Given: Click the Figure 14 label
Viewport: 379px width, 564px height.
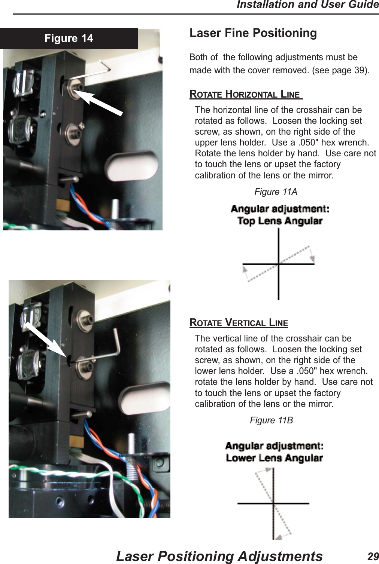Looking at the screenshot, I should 69,39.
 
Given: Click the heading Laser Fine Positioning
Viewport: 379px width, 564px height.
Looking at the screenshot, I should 253,33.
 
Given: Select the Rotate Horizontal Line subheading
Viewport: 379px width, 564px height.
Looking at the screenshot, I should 246,94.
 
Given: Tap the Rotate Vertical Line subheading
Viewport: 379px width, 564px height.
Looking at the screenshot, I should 239,322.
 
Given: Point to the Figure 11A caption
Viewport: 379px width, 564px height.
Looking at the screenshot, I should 276,192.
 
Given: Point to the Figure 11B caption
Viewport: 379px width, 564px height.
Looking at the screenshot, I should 271,420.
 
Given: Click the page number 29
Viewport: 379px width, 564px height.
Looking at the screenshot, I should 373,556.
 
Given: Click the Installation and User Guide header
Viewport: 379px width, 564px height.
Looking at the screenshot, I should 307,5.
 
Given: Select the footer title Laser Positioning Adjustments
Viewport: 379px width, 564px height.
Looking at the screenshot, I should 219,556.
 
